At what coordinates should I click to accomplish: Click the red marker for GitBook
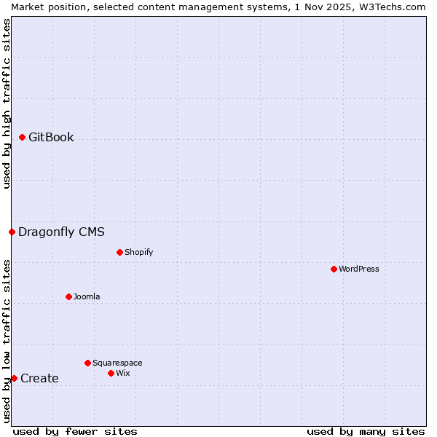[22, 137]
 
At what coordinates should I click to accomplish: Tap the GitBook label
[51, 138]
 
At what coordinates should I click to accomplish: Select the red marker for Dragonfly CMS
[12, 232]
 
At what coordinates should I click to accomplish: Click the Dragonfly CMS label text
[61, 232]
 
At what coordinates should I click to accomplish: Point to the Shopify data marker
[119, 252]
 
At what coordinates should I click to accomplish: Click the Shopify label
[138, 253]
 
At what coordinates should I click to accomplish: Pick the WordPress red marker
[334, 269]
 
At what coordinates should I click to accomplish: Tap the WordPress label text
[358, 269]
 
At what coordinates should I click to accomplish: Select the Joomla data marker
[68, 296]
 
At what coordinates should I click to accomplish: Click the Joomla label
[87, 297]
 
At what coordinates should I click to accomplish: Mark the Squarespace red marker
[87, 363]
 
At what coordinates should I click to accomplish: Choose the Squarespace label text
[117, 363]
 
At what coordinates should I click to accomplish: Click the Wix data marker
[111, 373]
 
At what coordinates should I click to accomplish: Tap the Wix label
[122, 374]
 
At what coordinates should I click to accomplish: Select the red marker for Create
[14, 378]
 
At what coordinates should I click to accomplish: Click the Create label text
[39, 379]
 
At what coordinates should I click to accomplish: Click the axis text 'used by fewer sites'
[75, 431]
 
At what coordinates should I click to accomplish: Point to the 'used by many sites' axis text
[366, 431]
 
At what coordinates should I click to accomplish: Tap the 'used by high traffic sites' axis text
[7, 103]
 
